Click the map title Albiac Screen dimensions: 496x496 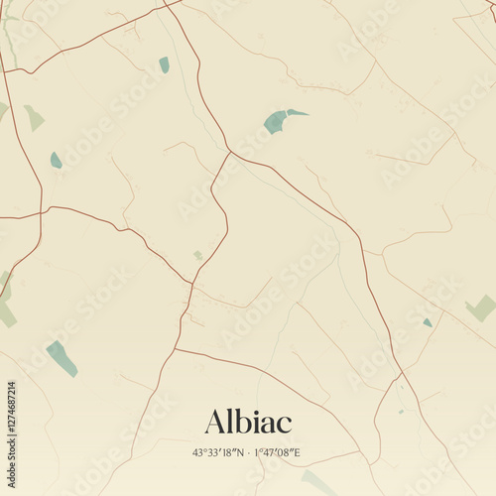[x=248, y=422]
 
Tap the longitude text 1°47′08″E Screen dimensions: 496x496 [x=277, y=453]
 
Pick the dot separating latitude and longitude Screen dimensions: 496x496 [x=248, y=453]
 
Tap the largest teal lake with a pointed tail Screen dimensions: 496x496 [x=279, y=121]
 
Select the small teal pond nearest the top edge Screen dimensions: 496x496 [x=164, y=65]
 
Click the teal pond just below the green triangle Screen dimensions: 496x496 [x=56, y=160]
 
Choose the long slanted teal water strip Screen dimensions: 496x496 [x=62, y=358]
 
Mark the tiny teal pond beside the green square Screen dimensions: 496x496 [x=428, y=322]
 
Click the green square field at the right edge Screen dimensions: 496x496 [x=481, y=308]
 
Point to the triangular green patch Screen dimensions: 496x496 [x=34, y=119]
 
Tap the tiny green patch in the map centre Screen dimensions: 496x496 [x=198, y=256]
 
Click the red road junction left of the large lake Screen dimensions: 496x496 [x=231, y=152]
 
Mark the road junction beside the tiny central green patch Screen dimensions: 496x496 [x=191, y=284]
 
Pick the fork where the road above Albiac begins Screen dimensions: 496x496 [x=178, y=349]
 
